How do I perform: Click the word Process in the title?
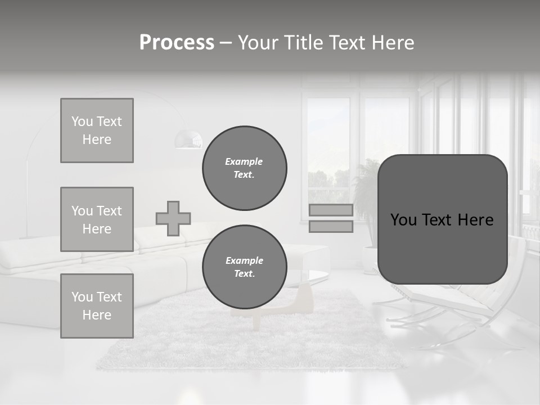tap(177, 43)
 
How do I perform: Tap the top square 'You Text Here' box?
tap(97, 130)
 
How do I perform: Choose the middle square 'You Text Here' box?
tap(97, 219)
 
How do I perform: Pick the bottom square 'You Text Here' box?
tap(97, 306)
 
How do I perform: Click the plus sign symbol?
tap(173, 218)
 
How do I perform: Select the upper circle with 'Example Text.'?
tap(244, 168)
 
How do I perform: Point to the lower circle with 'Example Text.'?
tap(244, 267)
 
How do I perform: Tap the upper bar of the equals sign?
tap(331, 210)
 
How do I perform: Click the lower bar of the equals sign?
tap(331, 227)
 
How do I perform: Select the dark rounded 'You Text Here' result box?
tap(442, 219)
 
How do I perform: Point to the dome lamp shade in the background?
tap(188, 139)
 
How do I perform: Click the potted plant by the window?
tap(366, 197)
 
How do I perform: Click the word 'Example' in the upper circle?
tap(244, 161)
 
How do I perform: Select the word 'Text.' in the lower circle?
tap(244, 273)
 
